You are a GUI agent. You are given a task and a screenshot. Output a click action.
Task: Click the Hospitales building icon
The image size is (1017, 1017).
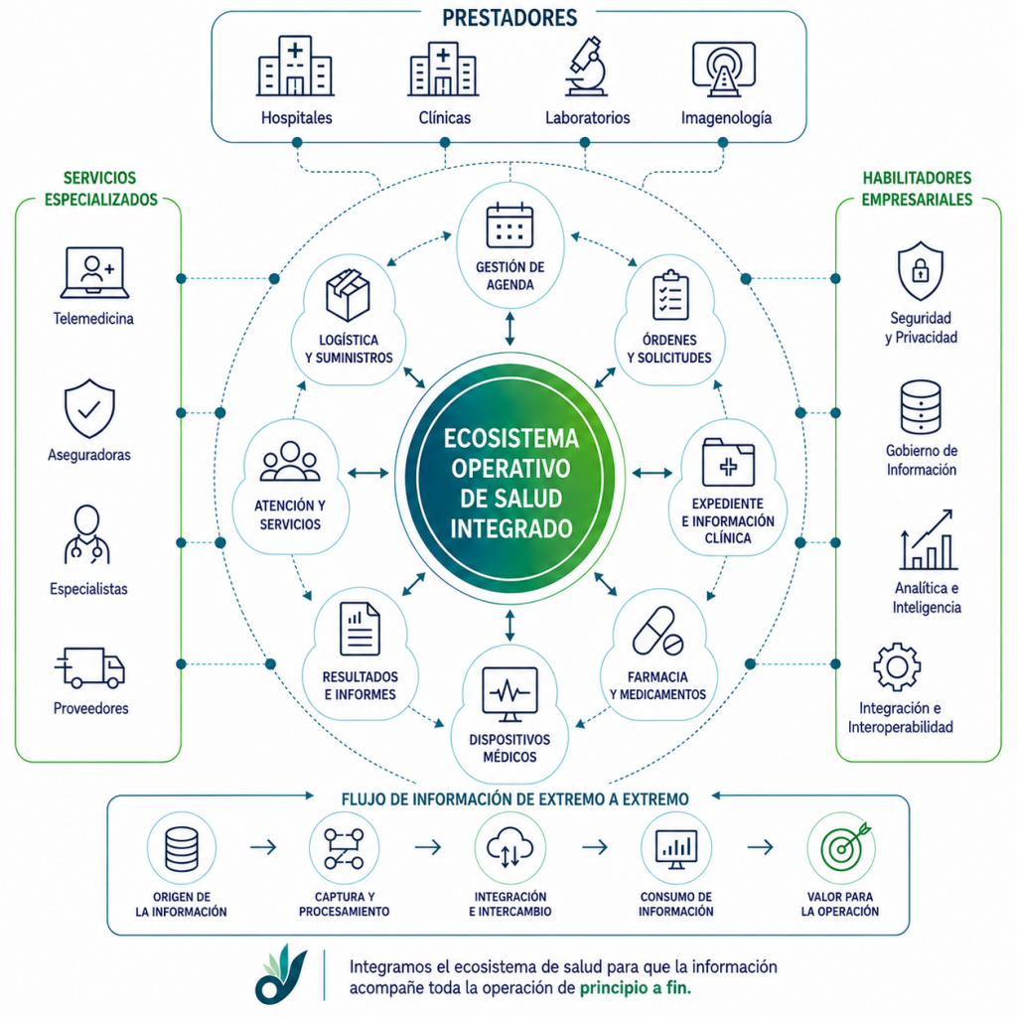(x=295, y=66)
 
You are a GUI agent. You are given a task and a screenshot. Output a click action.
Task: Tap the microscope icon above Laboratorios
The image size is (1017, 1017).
(x=586, y=67)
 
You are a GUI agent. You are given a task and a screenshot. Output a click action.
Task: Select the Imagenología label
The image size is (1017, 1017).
(x=726, y=117)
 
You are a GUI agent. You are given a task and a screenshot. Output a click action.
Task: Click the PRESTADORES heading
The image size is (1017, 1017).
(x=509, y=18)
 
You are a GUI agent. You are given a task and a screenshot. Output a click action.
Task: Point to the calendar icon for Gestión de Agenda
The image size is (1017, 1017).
(x=509, y=225)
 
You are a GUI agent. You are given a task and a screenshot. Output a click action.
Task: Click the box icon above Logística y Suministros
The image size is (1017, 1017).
(x=348, y=296)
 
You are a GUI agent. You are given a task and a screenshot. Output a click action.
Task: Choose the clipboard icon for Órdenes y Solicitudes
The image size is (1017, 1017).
(x=670, y=295)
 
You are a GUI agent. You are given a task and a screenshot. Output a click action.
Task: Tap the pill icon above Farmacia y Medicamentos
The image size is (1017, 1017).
(x=657, y=631)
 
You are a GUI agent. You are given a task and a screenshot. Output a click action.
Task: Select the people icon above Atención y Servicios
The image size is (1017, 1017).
(x=290, y=462)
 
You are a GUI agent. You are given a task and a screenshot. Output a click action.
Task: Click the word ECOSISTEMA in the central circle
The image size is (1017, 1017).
(x=511, y=439)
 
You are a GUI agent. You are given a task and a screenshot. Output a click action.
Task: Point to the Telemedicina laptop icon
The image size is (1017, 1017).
(x=94, y=272)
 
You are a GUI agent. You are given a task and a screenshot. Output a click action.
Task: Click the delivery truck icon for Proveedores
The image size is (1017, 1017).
(x=89, y=667)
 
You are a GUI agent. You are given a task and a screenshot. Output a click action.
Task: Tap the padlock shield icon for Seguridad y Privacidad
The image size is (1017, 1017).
(x=921, y=271)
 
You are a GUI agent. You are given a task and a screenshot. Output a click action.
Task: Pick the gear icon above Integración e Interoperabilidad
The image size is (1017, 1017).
(x=897, y=666)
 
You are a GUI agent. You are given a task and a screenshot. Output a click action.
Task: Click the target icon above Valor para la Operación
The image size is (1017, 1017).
(x=845, y=847)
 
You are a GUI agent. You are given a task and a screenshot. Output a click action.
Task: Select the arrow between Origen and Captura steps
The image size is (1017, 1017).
(x=263, y=846)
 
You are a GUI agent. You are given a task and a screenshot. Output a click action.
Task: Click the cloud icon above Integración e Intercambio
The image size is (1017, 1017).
(x=509, y=846)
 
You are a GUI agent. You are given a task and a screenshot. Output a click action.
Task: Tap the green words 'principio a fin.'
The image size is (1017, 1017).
(x=635, y=988)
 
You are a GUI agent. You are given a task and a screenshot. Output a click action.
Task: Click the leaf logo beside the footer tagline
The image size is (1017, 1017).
(x=280, y=975)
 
